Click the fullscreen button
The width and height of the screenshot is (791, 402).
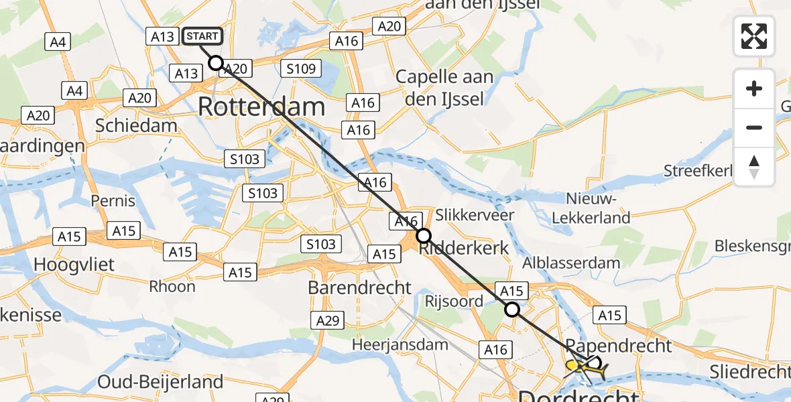click(x=754, y=36)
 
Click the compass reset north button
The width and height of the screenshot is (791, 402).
click(x=754, y=167)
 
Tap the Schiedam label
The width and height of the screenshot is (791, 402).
click(x=136, y=125)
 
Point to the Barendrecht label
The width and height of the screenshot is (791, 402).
click(x=359, y=287)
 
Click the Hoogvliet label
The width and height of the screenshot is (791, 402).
click(x=74, y=264)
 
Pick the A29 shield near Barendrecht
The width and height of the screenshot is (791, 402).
click(x=328, y=321)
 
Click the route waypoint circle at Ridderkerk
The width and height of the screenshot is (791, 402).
click(x=424, y=236)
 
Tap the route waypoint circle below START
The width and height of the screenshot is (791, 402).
click(x=215, y=63)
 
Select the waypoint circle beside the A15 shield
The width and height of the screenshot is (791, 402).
click(x=512, y=310)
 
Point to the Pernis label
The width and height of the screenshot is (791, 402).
click(x=113, y=200)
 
